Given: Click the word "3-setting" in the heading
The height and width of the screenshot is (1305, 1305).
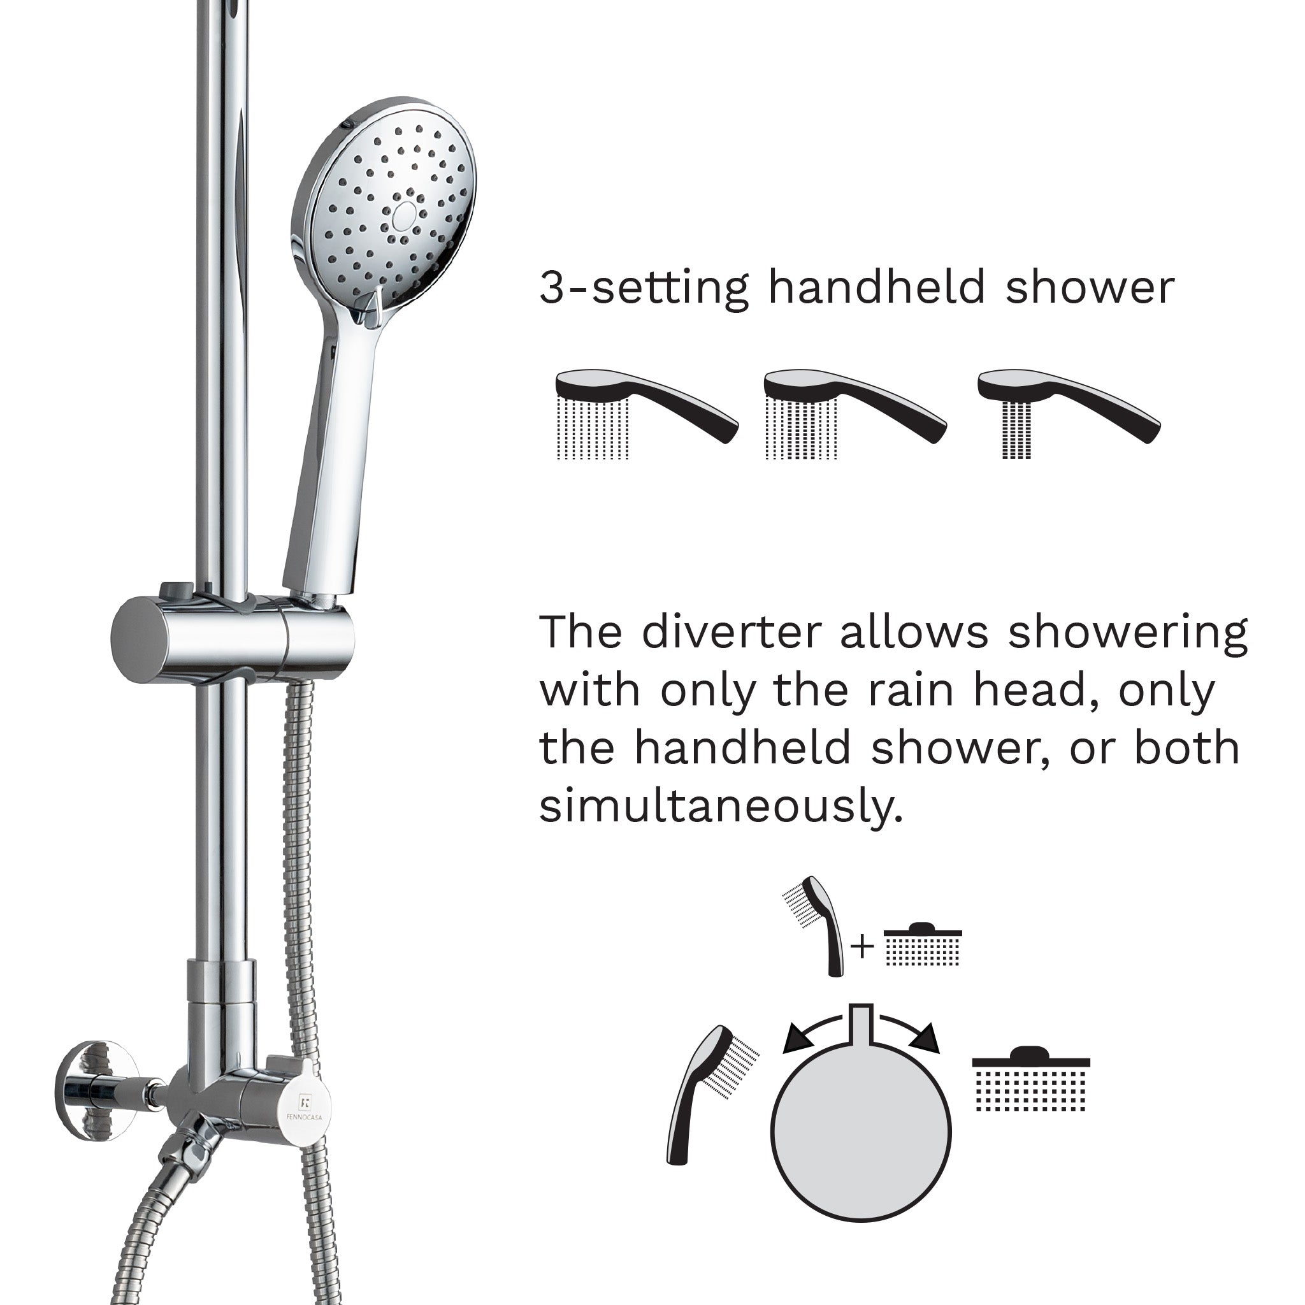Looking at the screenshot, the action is click(644, 289).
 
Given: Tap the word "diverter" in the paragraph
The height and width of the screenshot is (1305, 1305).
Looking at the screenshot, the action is click(732, 632).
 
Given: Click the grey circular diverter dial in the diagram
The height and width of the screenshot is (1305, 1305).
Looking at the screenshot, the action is click(860, 1133).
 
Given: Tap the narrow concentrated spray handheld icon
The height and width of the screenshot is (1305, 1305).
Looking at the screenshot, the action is click(1069, 414).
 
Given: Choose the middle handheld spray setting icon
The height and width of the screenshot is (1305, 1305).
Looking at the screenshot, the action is click(855, 414).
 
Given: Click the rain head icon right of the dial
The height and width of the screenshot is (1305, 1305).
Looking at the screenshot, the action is click(1031, 1079).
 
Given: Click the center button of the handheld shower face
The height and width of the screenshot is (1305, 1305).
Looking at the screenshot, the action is click(404, 215).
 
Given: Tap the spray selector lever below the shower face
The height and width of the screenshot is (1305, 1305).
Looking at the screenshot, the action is click(370, 305).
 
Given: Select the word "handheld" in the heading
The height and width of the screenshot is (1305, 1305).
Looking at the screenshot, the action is click(877, 287).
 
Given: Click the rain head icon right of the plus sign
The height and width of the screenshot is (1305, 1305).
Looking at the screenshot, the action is click(923, 944).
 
